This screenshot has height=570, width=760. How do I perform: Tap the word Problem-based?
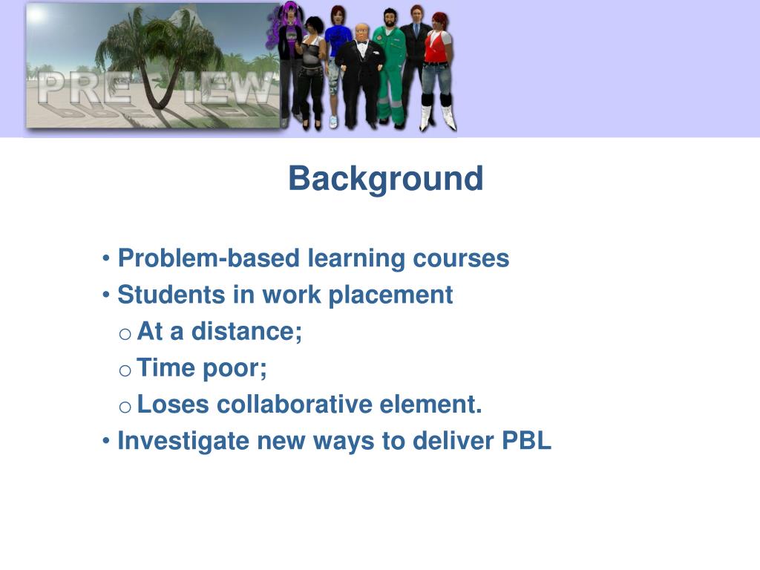pyautogui.click(x=209, y=258)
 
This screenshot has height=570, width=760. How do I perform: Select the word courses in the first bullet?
pyautogui.click(x=461, y=258)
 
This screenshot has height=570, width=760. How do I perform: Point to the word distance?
pyautogui.click(x=246, y=332)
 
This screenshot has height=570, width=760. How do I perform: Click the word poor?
pyautogui.click(x=235, y=368)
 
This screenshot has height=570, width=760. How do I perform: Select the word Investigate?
pyautogui.click(x=184, y=441)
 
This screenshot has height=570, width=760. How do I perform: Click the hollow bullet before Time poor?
pyautogui.click(x=125, y=371)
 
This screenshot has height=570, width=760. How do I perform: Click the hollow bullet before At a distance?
pyautogui.click(x=125, y=334)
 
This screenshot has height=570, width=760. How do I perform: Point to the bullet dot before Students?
pyautogui.click(x=106, y=295)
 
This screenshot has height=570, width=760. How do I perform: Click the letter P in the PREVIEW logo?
pyautogui.click(x=52, y=88)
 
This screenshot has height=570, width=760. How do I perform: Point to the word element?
pyautogui.click(x=430, y=404)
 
